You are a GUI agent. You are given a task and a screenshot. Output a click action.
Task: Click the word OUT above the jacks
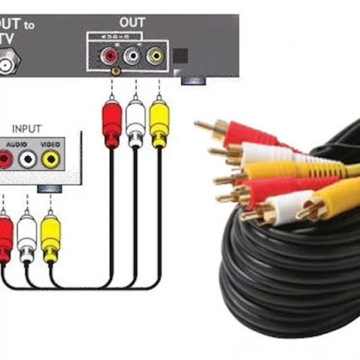132,23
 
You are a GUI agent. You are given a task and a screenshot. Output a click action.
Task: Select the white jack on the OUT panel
132,56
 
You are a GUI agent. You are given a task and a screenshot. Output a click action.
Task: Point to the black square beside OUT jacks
180,56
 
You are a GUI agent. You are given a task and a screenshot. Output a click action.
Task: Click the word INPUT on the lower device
27,129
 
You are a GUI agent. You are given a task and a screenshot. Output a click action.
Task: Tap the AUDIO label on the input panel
17,145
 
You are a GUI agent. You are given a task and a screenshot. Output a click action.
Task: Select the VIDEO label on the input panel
50,145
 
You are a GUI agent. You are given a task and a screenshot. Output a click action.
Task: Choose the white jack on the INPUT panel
28,160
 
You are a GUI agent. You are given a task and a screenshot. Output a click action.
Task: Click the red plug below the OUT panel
112,121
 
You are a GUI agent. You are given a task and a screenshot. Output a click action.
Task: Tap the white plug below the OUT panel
136,121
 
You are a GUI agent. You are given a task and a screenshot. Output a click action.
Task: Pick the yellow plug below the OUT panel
159,121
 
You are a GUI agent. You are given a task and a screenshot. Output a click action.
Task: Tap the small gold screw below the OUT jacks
116,71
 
